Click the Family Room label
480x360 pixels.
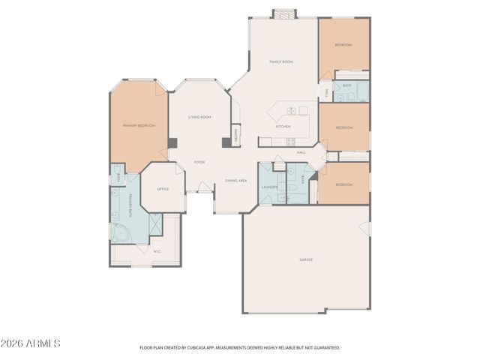click(x=281, y=61)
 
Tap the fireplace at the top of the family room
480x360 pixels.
click(x=283, y=13)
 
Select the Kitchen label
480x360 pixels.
click(x=283, y=127)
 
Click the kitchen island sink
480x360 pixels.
click(x=289, y=111)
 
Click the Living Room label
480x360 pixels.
click(x=199, y=117)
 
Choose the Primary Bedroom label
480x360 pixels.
click(x=139, y=125)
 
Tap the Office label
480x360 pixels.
click(x=163, y=188)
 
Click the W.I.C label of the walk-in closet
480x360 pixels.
click(x=157, y=251)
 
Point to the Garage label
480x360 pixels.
click(x=306, y=259)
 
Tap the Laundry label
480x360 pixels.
click(x=269, y=187)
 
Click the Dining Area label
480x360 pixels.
click(x=237, y=181)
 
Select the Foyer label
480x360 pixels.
click(x=199, y=162)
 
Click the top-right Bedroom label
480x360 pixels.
click(x=343, y=45)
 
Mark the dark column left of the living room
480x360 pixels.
click(x=172, y=142)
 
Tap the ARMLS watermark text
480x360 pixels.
click(x=31, y=343)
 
